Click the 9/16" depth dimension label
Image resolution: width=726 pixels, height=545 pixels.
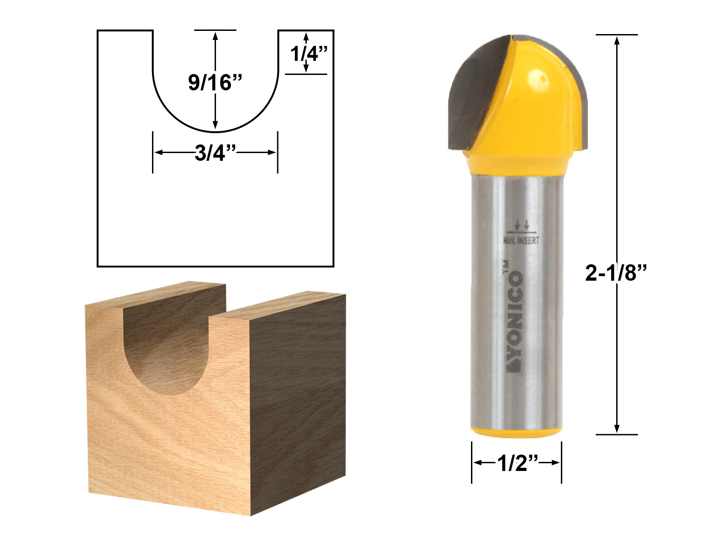(x=215, y=83)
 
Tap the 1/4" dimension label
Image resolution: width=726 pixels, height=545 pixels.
(x=309, y=54)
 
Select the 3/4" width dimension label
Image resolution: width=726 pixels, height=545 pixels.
(x=216, y=154)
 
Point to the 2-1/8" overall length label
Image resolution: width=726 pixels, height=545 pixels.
(x=615, y=273)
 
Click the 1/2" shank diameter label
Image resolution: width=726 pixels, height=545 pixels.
(x=517, y=463)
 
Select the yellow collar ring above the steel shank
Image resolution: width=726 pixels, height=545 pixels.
(x=516, y=163)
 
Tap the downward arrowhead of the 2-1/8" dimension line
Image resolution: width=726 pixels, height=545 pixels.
(x=617, y=429)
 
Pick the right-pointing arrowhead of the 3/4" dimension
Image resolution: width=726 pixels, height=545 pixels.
(x=272, y=152)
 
